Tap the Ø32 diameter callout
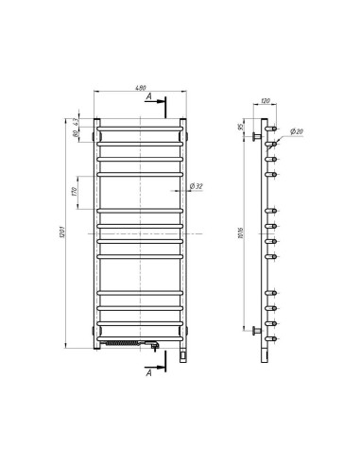pos(197,186)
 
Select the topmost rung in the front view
pos(141,126)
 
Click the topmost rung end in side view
pos(273,127)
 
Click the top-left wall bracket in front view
pos(96,134)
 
